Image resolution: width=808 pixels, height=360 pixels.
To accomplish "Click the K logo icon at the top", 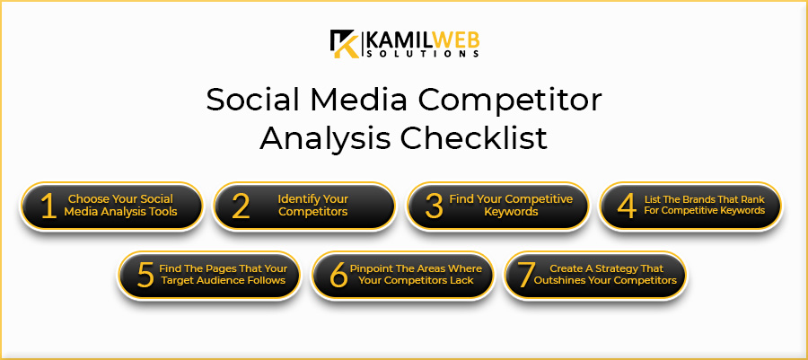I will point(345,43).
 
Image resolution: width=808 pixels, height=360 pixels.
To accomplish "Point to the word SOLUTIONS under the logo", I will point(423,54).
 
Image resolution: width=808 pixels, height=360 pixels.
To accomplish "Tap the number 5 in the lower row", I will point(145,275).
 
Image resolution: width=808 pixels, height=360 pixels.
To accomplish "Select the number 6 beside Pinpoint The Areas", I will point(338,275).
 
